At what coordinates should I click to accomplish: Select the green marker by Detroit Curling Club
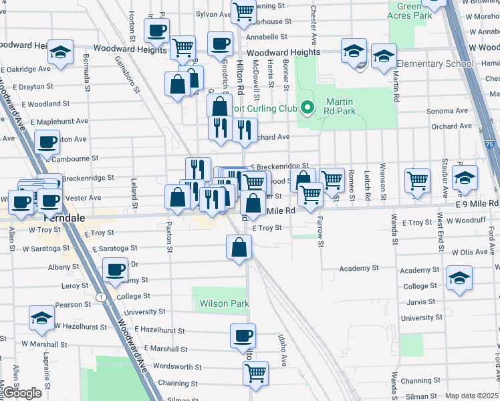tap(307, 107)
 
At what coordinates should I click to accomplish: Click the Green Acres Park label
tap(409, 11)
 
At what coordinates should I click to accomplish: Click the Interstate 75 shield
tap(490, 144)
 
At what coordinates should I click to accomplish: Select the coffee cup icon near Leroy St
tap(116, 270)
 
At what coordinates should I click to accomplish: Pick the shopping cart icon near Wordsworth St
tap(255, 373)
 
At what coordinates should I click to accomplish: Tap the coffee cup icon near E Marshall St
tap(243, 335)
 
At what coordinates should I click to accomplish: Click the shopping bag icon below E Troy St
tap(239, 248)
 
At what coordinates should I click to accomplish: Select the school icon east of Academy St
tap(459, 277)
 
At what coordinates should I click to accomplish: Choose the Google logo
tap(23, 393)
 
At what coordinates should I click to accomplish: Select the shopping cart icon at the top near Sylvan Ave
tap(244, 10)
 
